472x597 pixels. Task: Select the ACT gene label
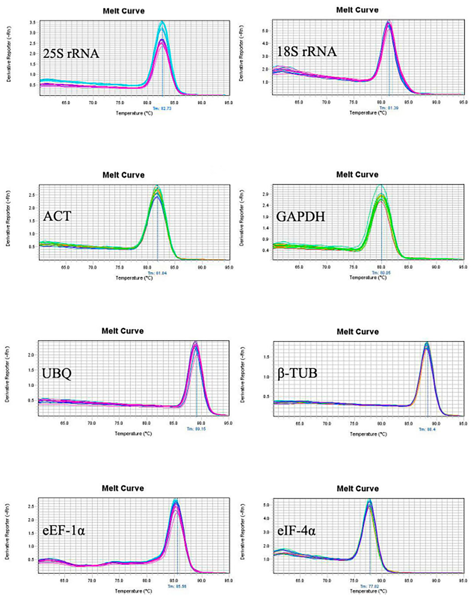[x=57, y=216]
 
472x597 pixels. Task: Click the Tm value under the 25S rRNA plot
[x=162, y=109]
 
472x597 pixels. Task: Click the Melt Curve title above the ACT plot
[x=123, y=175]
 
